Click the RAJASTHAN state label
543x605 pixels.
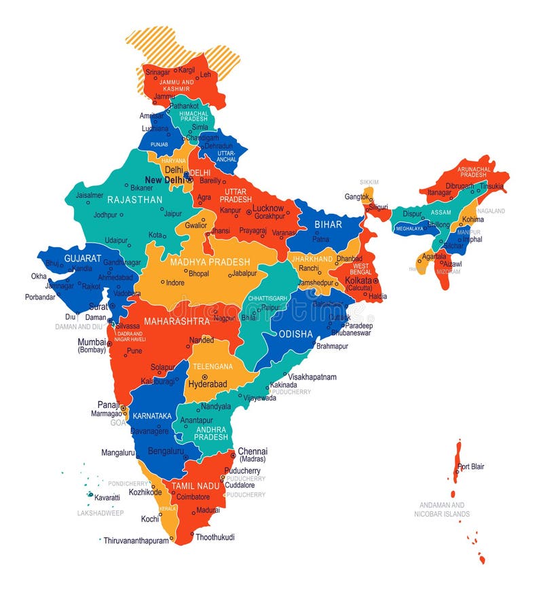(x=135, y=200)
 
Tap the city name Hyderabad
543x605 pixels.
(x=207, y=384)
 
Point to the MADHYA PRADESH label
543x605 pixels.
(x=210, y=262)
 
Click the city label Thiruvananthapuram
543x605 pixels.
(x=136, y=540)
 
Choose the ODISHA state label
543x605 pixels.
(x=296, y=334)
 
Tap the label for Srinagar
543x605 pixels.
(x=160, y=70)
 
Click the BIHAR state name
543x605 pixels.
(x=329, y=225)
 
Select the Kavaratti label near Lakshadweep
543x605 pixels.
(x=107, y=497)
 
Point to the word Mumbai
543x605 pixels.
(x=92, y=342)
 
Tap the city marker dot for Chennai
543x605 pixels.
(x=232, y=452)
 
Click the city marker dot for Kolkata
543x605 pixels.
(x=375, y=280)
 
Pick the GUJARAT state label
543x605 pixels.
(x=83, y=259)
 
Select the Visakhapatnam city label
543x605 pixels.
(x=312, y=376)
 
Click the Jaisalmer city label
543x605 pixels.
(x=90, y=195)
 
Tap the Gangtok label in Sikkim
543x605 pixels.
(x=358, y=197)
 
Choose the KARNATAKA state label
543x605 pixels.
(x=151, y=415)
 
